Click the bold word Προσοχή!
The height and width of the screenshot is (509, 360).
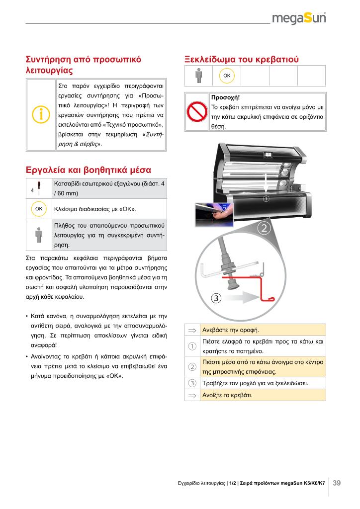point(225,98)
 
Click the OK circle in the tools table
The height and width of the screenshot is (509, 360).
point(39,208)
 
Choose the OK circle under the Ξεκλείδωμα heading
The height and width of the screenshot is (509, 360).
point(227,75)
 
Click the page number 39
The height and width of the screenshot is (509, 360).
point(337,483)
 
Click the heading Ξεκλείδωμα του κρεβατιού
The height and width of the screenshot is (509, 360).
point(242,59)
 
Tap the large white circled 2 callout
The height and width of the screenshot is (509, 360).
point(264,229)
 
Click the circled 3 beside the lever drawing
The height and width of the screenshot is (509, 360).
point(215,298)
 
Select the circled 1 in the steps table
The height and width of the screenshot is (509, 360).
point(192,346)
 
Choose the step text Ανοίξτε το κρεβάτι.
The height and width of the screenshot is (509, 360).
point(227,396)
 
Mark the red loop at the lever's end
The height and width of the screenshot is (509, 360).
point(270,299)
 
